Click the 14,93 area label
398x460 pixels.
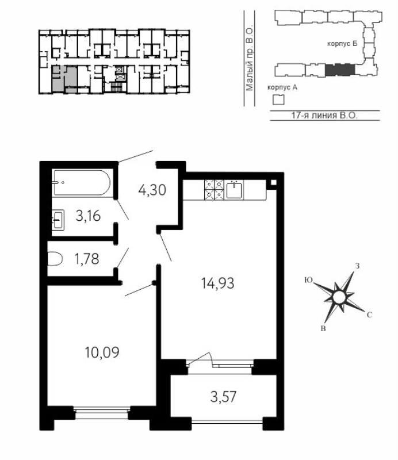(x=217, y=283)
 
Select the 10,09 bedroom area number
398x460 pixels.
(x=102, y=352)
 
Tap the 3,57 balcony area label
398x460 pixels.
(x=223, y=397)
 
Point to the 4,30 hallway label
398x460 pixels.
(x=152, y=190)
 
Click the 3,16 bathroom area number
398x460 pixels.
(x=88, y=216)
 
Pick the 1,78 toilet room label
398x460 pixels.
(x=87, y=259)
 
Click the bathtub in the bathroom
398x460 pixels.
(x=82, y=183)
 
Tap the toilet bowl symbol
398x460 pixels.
(x=55, y=259)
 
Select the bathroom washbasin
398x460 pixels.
(x=58, y=220)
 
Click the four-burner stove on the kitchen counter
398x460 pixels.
(x=214, y=190)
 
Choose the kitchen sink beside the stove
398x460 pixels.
(x=234, y=190)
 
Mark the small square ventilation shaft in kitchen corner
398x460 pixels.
(x=273, y=182)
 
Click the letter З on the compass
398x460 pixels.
(x=357, y=266)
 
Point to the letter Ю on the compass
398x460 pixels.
(x=308, y=280)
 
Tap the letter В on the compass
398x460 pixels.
(x=323, y=328)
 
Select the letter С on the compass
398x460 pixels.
(x=369, y=315)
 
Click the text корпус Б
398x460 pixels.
(x=342, y=44)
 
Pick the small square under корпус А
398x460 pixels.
(x=278, y=100)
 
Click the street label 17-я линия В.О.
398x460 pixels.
(x=324, y=116)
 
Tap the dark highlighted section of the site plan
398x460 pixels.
(x=340, y=70)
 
